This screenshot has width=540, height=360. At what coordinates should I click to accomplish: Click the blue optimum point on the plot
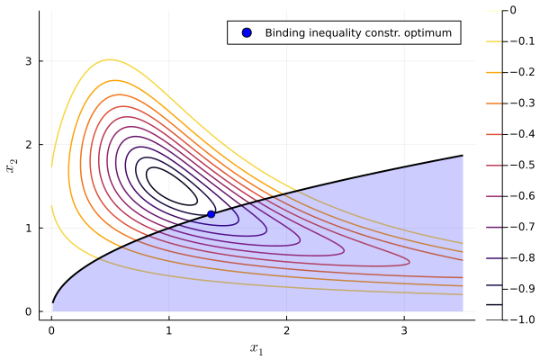pos(211,213)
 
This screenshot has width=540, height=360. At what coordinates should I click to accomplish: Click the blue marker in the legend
pos(247,32)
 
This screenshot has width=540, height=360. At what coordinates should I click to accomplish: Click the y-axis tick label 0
pos(30,311)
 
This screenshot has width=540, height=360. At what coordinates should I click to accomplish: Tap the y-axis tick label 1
pos(30,228)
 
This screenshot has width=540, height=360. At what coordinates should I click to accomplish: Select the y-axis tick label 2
pos(30,145)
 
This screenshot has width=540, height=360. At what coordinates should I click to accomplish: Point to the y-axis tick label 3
pos(30,61)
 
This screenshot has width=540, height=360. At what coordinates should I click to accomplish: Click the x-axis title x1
pos(256,347)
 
